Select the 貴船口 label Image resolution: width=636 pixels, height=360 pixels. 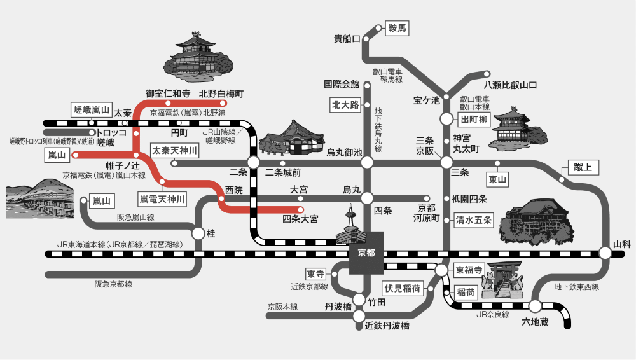click(347, 39)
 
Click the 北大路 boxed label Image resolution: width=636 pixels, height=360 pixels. click(345, 104)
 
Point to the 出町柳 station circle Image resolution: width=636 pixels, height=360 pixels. click(447, 119)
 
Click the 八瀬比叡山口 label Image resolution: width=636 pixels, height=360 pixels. click(510, 85)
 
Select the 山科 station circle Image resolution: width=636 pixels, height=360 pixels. click(605, 253)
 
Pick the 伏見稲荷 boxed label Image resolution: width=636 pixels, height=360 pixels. click(403, 288)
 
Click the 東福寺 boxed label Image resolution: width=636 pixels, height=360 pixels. click(469, 270)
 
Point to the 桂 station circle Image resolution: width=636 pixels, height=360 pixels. click(198, 233)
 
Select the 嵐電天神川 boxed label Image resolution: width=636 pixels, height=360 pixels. click(163, 200)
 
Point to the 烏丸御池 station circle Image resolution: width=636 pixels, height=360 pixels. click(367, 163)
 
